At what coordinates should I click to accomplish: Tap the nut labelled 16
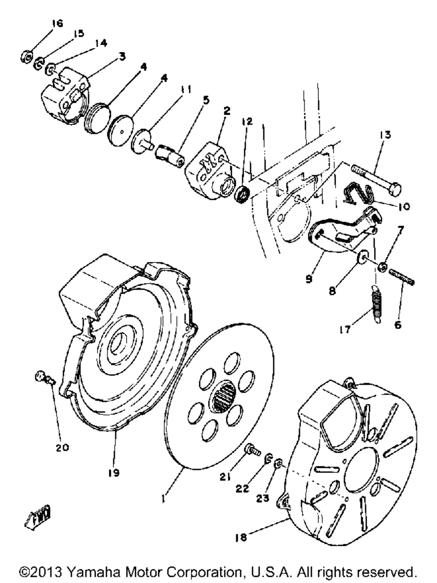(26, 56)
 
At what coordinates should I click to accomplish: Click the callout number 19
(114, 472)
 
